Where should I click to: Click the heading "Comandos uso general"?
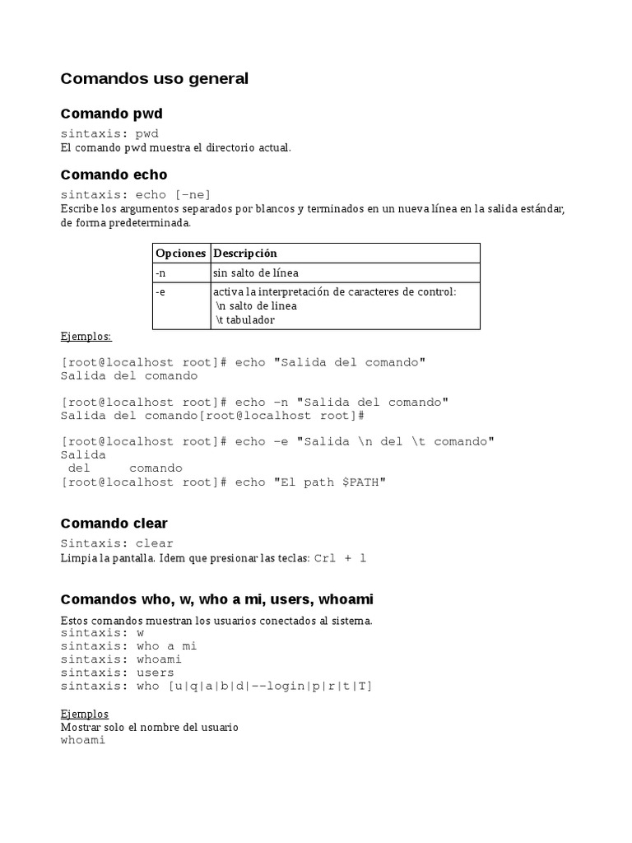pos(154,79)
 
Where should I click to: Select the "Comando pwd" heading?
pos(111,114)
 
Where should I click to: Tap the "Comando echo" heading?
pos(114,175)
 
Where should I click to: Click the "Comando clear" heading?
pos(114,524)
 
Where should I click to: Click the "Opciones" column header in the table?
pos(180,254)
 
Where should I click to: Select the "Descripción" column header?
pos(245,254)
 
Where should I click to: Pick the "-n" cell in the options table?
pos(161,273)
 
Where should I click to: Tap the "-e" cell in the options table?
pos(160,292)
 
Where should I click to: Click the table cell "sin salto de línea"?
pos(261,273)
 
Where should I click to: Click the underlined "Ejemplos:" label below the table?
pos(86,337)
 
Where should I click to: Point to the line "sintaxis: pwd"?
pos(109,133)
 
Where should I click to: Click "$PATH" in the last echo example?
pos(360,482)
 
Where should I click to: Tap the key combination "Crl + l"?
pos(340,559)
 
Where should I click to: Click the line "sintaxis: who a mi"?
pos(128,646)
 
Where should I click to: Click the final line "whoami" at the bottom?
pos(83,740)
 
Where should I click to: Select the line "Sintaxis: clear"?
pos(117,543)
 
